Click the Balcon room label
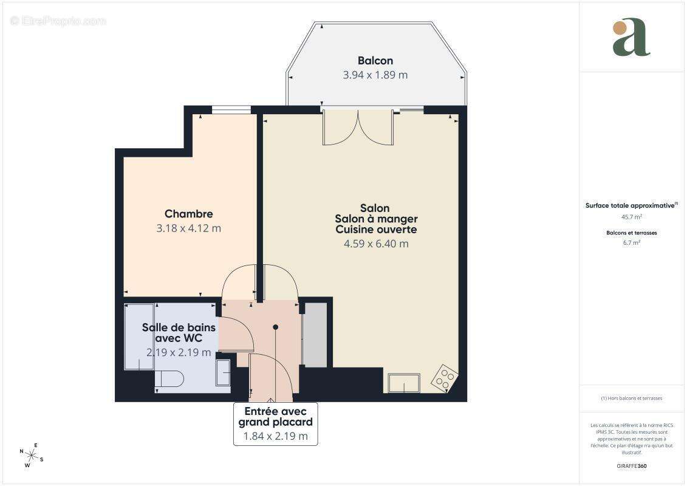[x=375, y=61]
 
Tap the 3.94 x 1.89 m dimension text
[x=375, y=75]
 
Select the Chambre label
[x=189, y=214]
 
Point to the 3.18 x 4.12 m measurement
[x=189, y=228]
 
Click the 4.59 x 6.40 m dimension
[x=376, y=244]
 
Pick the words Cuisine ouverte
[x=376, y=230]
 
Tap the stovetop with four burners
[x=445, y=378]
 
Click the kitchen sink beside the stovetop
[x=403, y=383]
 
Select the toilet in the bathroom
[x=169, y=379]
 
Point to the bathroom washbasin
[x=224, y=372]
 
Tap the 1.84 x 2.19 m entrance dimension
[x=275, y=436]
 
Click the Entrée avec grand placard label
[x=276, y=417]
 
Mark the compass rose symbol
[x=31, y=456]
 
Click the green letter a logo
[x=631, y=38]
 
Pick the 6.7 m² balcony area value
[x=632, y=242]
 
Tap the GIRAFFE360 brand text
[x=632, y=467]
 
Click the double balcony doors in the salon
[x=358, y=128]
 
